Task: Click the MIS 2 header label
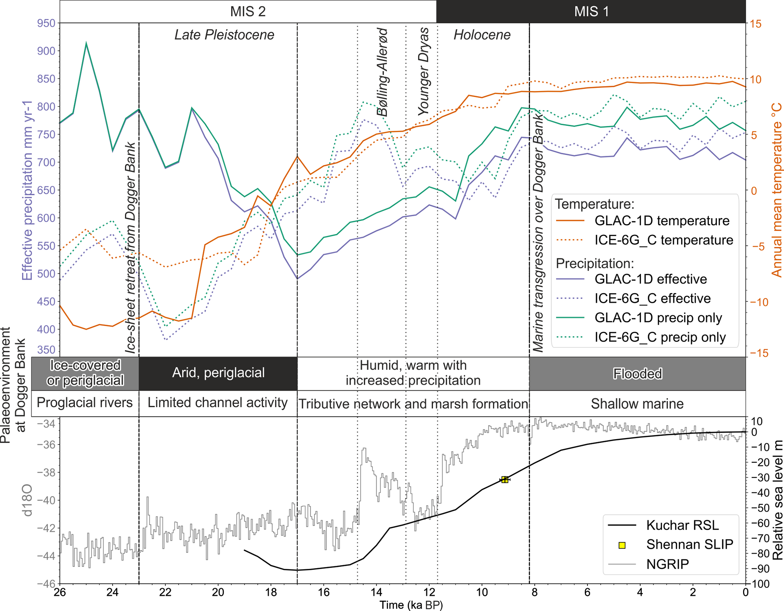pyautogui.click(x=248, y=11)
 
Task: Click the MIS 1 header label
pyautogui.click(x=591, y=11)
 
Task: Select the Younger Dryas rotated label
pyautogui.click(x=423, y=71)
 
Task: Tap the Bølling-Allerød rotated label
pyautogui.click(x=382, y=72)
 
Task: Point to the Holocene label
pyautogui.click(x=482, y=35)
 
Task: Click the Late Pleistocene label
pyautogui.click(x=224, y=35)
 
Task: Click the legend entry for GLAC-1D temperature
pyautogui.click(x=661, y=221)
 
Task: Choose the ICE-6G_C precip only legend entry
pyautogui.click(x=660, y=337)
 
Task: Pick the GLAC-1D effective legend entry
pyautogui.click(x=650, y=279)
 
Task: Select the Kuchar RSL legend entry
pyautogui.click(x=682, y=525)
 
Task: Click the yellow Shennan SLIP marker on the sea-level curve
pyautogui.click(x=505, y=480)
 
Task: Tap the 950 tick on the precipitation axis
pyautogui.click(x=46, y=24)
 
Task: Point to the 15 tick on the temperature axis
pyautogui.click(x=755, y=24)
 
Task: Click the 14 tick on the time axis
pyautogui.click(x=376, y=592)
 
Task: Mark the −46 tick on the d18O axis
pyautogui.click(x=46, y=584)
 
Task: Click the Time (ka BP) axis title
pyautogui.click(x=411, y=605)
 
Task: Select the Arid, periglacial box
pyautogui.click(x=218, y=373)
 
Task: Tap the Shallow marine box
pyautogui.click(x=637, y=404)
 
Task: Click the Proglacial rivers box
pyautogui.click(x=85, y=403)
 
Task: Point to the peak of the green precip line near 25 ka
pyautogui.click(x=86, y=43)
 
